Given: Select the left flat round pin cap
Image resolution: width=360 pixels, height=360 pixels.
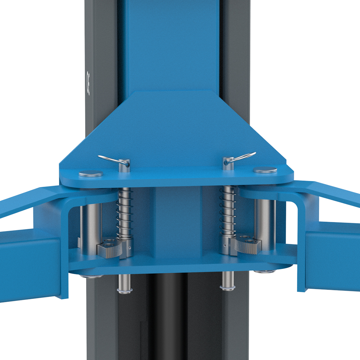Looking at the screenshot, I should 91,174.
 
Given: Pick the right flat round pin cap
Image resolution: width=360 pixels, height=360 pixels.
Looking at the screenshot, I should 265,170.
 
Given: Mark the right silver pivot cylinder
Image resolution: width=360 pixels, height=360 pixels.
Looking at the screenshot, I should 265,223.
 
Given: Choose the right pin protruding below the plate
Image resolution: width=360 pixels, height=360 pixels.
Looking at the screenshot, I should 228,281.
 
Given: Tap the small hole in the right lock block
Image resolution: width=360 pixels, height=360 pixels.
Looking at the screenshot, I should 224,246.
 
